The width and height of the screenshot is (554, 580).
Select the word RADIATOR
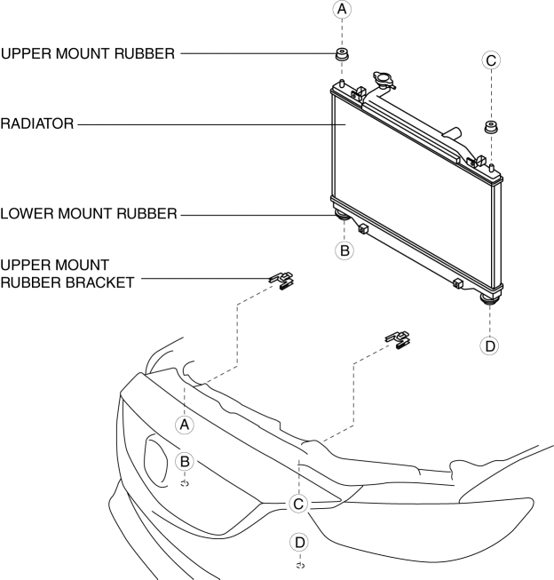pyautogui.click(x=36, y=124)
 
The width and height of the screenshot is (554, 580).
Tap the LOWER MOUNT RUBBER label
pyautogui.click(x=89, y=213)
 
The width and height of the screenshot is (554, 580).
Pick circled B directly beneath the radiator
pyautogui.click(x=345, y=250)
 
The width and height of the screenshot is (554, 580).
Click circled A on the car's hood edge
pyautogui.click(x=185, y=424)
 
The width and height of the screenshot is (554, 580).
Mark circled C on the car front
pyautogui.click(x=299, y=504)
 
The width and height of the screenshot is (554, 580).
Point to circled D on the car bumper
pyautogui.click(x=300, y=541)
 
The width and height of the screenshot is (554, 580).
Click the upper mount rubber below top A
pyautogui.click(x=339, y=56)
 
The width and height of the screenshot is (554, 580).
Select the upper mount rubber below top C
pyautogui.click(x=488, y=126)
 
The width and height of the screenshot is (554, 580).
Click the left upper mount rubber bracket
pyautogui.click(x=282, y=281)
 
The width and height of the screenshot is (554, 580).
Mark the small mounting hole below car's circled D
pyautogui.click(x=300, y=564)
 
